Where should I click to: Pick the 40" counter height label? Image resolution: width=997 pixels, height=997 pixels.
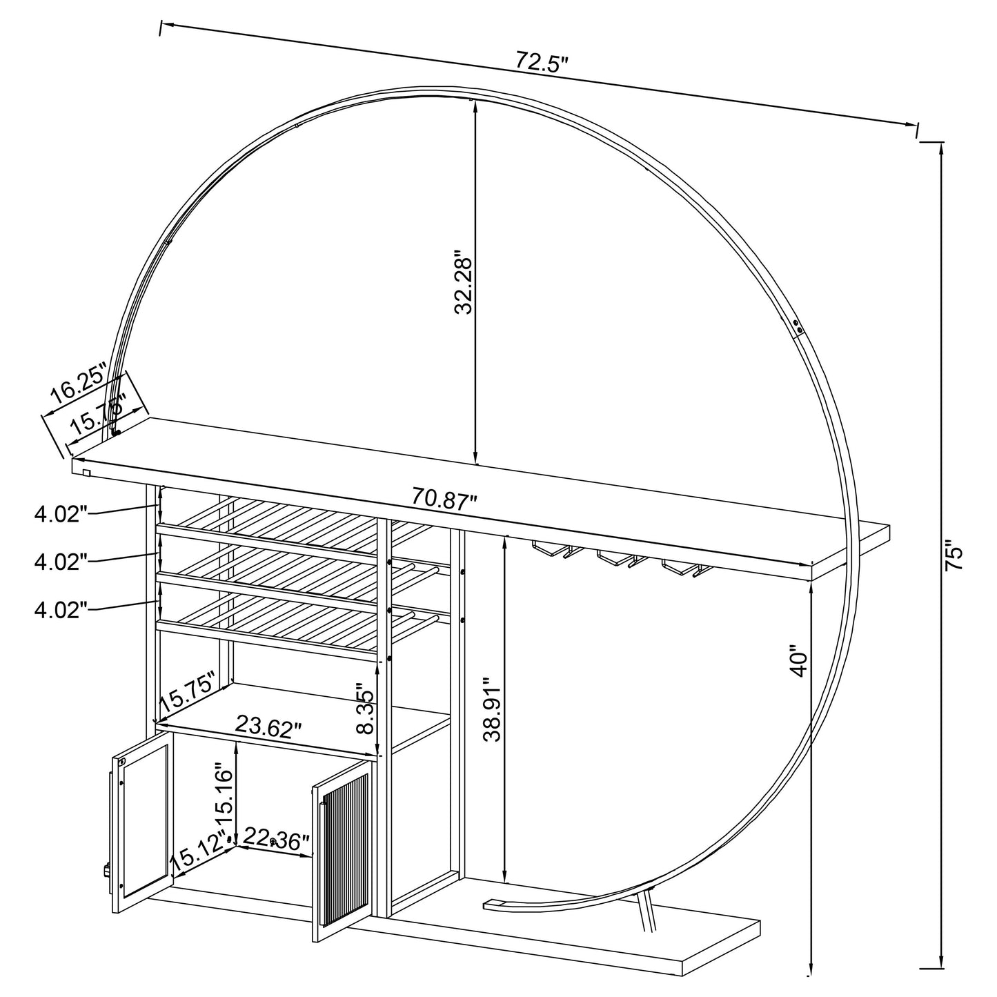[x=799, y=662]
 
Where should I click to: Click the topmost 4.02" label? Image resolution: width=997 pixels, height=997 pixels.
[x=61, y=513]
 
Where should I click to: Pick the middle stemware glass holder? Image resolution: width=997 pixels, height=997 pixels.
[x=621, y=558]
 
